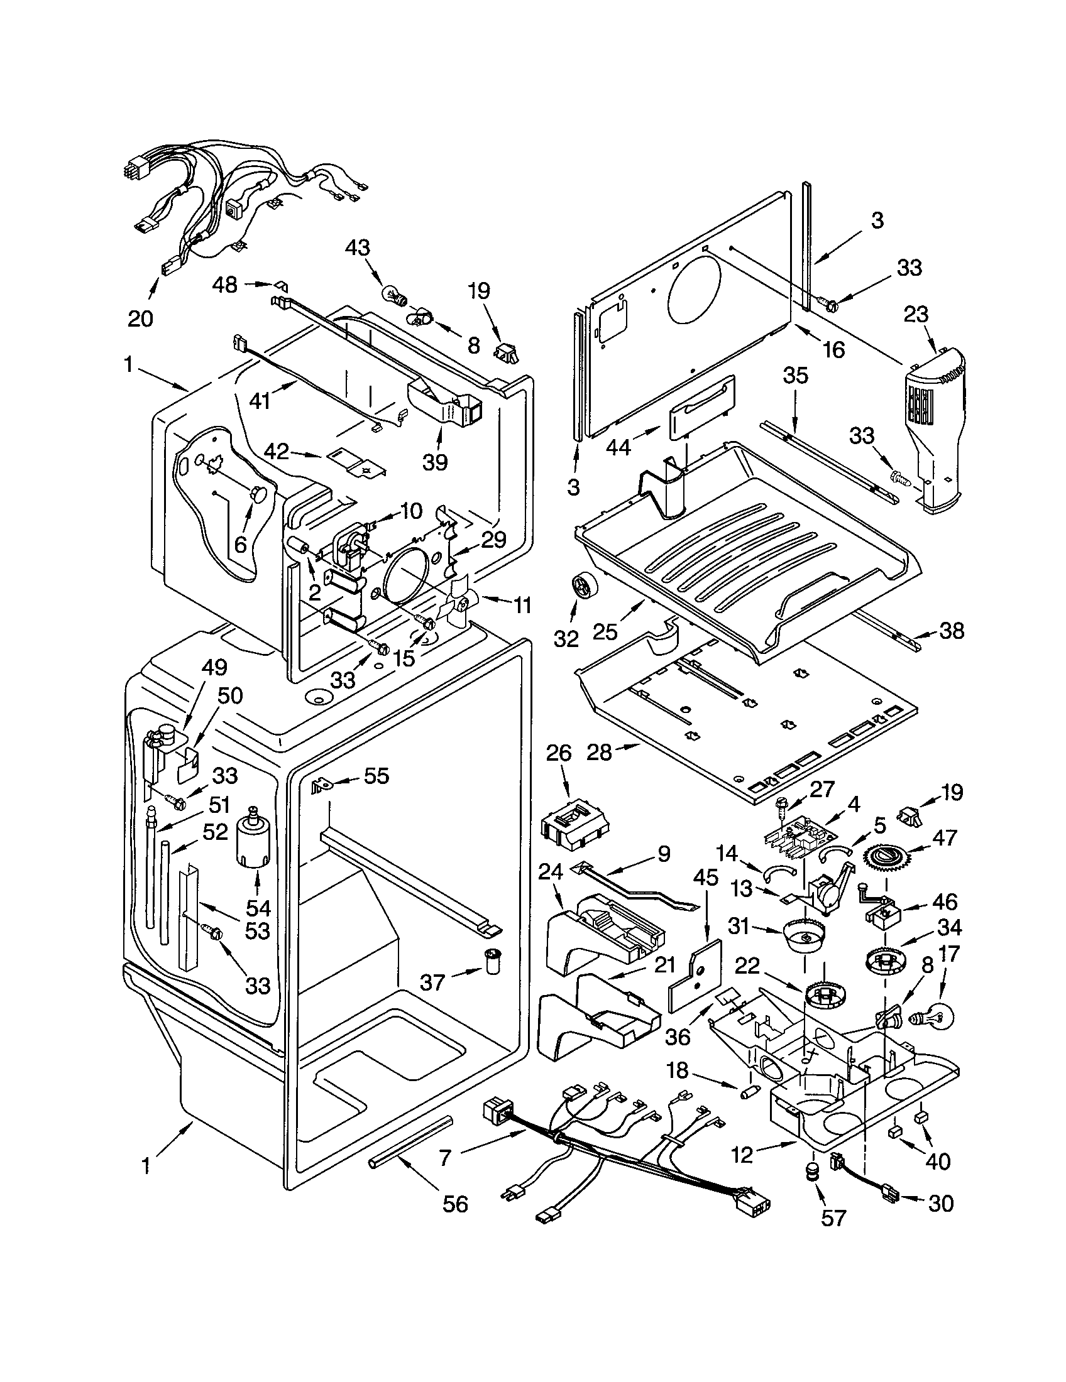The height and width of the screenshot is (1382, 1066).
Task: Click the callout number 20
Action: coord(140,318)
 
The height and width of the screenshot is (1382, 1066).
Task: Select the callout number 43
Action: coord(357,248)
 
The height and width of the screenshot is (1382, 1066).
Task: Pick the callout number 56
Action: coord(454,1204)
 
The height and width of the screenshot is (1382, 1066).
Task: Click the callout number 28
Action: coord(600,752)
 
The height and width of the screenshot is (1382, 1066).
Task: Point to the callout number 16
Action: coord(833,349)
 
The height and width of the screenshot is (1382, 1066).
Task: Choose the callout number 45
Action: coord(706,878)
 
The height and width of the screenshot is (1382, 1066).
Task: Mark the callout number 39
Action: coord(436,462)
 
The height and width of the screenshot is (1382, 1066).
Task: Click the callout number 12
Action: coord(742,1155)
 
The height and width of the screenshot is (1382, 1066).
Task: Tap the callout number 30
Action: coord(941,1203)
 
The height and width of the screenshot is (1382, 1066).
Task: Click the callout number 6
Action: coord(240,543)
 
